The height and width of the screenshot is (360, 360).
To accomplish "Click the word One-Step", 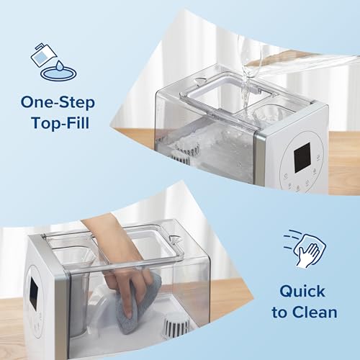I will click(x=58, y=102).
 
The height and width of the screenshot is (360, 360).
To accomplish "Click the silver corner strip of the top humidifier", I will click(x=276, y=144).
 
